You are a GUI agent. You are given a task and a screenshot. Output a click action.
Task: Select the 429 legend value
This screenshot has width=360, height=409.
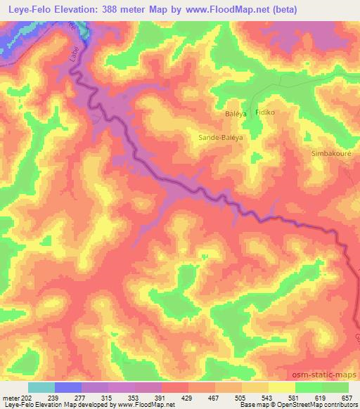pyautogui.click(x=188, y=397)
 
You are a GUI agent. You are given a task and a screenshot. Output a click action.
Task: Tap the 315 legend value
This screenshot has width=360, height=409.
pyautogui.click(x=108, y=397)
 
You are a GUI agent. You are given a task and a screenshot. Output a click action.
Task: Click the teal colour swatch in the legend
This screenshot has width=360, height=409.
pyautogui.click(x=41, y=387)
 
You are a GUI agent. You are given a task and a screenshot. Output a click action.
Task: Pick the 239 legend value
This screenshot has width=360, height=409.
pyautogui.click(x=54, y=397)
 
